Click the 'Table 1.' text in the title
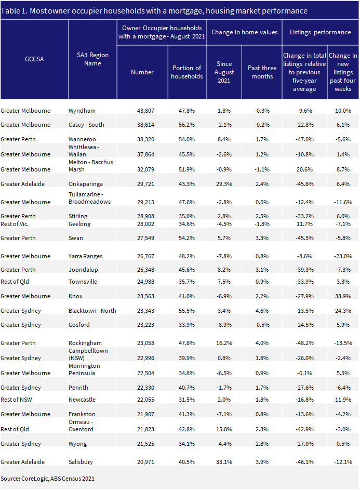coord(15,11)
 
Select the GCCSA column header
coord(34,59)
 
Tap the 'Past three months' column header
coord(262,72)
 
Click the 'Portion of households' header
coord(187,72)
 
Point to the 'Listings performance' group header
coord(321,32)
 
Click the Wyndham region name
coord(82,111)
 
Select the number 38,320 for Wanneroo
coord(145,139)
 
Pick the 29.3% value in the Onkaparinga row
coord(224,184)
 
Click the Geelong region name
coord(79,224)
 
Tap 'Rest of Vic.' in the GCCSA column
coord(15,224)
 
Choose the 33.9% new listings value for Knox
coord(343,296)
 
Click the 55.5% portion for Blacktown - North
coord(186,311)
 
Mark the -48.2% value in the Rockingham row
coord(304,343)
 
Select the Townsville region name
coord(83,282)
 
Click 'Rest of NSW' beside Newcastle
coord(16,400)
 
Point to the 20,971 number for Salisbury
coord(145,462)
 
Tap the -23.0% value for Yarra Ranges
coord(343,256)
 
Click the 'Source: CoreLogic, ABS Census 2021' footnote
coord(47,479)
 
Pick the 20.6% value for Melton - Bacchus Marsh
coord(305,169)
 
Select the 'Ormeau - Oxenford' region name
coord(81,426)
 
